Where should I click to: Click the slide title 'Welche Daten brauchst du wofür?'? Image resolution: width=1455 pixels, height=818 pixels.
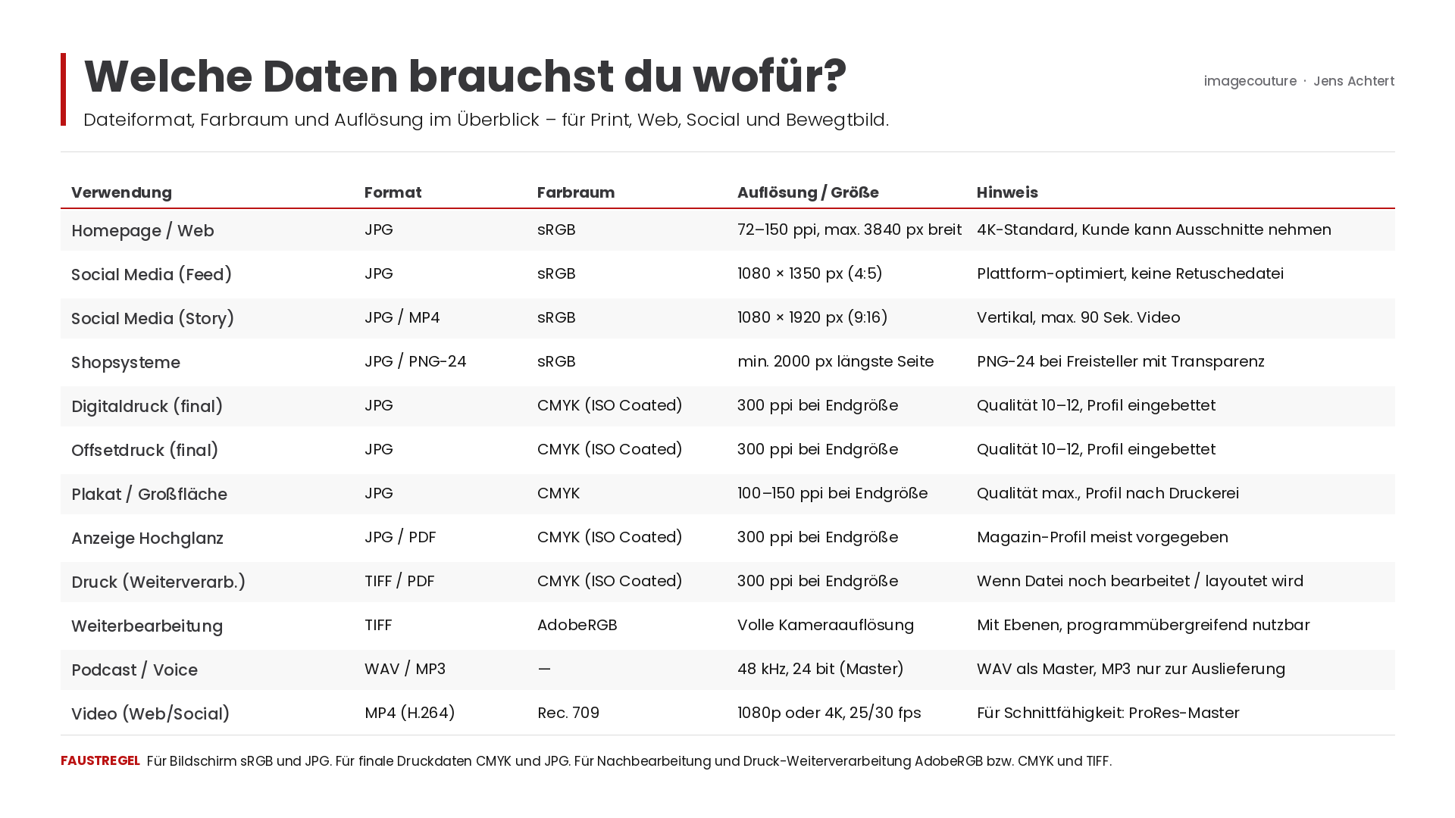(x=465, y=76)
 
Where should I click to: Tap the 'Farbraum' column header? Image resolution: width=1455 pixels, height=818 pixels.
(x=576, y=192)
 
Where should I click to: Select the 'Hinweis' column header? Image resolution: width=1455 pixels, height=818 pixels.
(x=1007, y=192)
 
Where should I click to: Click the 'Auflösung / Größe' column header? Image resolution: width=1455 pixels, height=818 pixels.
(x=808, y=192)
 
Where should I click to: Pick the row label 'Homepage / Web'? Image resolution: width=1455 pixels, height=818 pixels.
(x=142, y=230)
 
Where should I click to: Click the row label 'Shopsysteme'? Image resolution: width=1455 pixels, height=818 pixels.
(x=126, y=362)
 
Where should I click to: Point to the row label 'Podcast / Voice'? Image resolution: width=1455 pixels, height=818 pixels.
(x=134, y=670)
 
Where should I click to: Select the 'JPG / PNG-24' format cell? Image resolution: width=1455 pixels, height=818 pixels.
(x=415, y=361)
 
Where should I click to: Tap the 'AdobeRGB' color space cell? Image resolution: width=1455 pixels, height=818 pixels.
(x=577, y=625)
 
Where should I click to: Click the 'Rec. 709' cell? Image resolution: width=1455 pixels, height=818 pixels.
(x=568, y=713)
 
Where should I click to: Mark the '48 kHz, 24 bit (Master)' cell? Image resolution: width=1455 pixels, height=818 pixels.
(x=821, y=669)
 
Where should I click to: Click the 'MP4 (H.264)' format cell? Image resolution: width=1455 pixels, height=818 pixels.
(x=410, y=713)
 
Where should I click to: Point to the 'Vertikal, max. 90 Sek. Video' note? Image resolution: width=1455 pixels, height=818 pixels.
(x=1078, y=317)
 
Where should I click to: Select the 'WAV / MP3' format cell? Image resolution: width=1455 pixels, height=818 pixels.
(x=405, y=669)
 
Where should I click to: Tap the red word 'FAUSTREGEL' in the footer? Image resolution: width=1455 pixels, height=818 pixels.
(x=100, y=760)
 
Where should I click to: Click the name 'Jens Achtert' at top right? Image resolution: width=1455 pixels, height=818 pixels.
(x=1353, y=81)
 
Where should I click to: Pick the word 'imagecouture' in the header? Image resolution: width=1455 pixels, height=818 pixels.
(x=1250, y=81)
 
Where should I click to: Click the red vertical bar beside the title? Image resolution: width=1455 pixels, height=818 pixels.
(x=64, y=89)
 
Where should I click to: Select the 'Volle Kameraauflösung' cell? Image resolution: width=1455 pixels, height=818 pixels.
(x=826, y=625)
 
